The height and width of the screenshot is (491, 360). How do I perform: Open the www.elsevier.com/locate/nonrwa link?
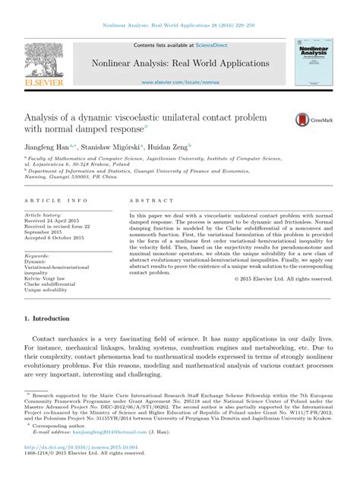click(179, 81)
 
